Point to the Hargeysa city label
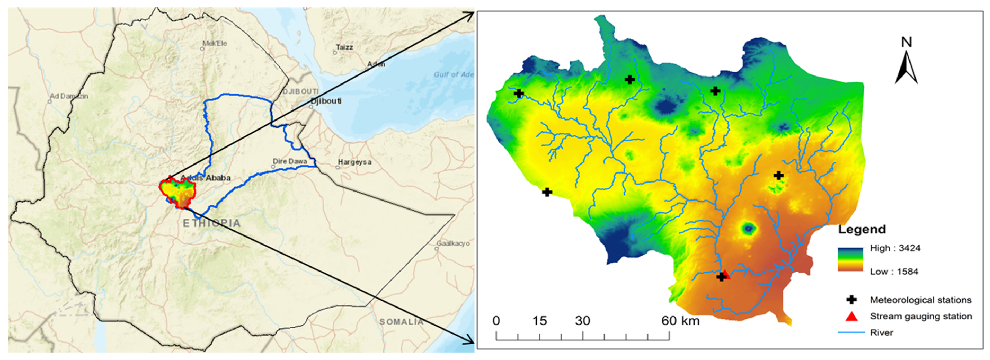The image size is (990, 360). pyautogui.click(x=354, y=162)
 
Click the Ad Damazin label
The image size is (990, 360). pyautogui.click(x=69, y=96)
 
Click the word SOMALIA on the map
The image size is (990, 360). pyautogui.click(x=401, y=322)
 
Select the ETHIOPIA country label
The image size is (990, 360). pyautogui.click(x=211, y=223)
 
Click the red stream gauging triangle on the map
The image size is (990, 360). pyautogui.click(x=726, y=274)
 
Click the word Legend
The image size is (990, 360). pyautogui.click(x=862, y=229)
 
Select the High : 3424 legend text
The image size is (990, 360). pyautogui.click(x=895, y=248)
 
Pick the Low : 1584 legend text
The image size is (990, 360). pyautogui.click(x=894, y=272)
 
